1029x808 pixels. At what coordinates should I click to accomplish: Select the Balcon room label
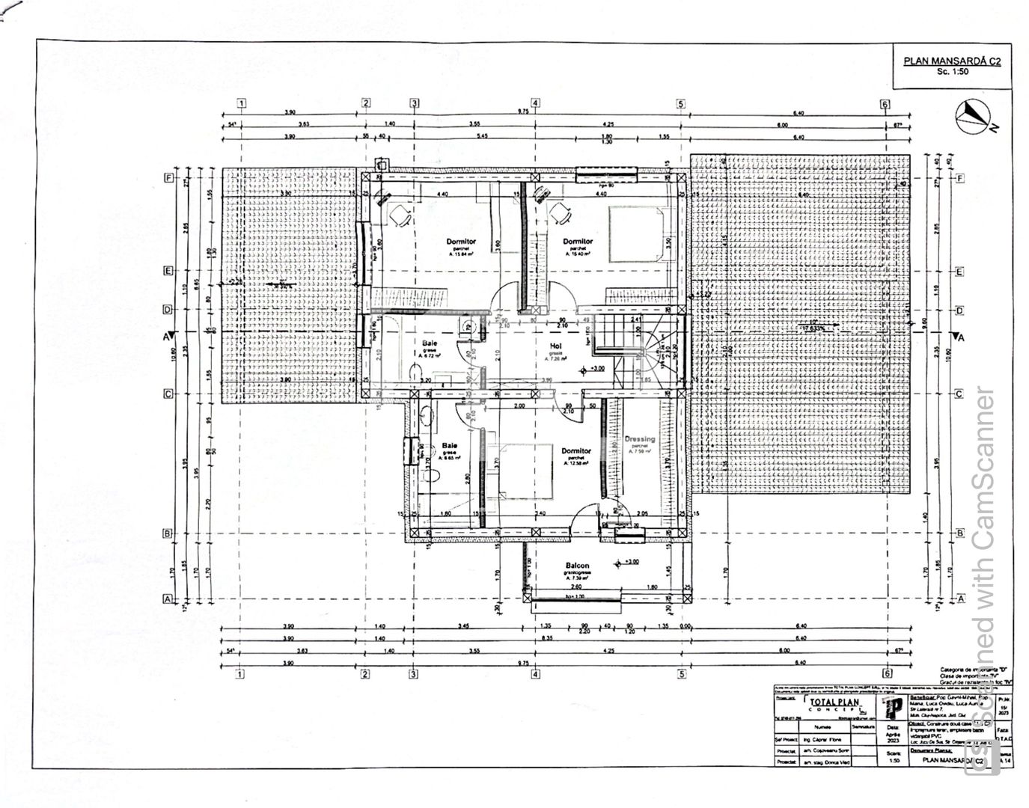click(577, 566)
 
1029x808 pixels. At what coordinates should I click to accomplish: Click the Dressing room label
click(639, 440)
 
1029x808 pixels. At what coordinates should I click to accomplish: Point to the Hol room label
click(555, 346)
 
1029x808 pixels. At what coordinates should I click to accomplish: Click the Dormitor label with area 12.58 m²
click(577, 451)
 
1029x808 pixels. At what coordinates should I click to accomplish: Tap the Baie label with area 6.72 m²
click(430, 343)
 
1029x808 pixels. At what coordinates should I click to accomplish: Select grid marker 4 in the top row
click(535, 103)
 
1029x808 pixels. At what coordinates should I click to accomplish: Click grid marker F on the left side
click(169, 178)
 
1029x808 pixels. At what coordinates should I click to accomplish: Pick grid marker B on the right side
click(959, 533)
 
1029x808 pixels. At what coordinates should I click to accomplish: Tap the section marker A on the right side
click(959, 337)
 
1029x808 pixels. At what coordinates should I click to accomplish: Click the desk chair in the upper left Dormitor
click(399, 217)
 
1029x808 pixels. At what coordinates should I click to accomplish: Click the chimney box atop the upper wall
click(382, 162)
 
